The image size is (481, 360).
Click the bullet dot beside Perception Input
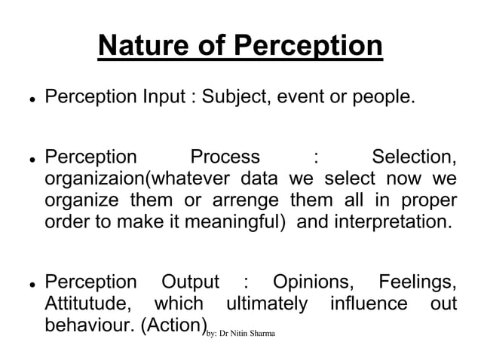click(26, 99)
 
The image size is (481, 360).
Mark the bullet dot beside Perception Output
click(26, 285)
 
